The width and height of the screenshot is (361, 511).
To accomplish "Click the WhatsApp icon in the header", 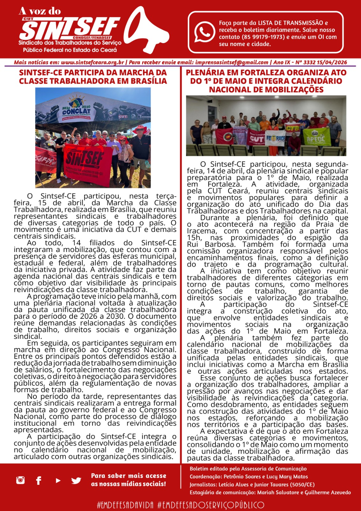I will coord(205,32).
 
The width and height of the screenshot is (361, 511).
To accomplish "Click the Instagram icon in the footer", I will coord(20,480).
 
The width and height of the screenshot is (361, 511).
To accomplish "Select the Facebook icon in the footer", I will coord(39,480).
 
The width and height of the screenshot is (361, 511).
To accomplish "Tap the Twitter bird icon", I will coord(76,480).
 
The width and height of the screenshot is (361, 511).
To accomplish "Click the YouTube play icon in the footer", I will coord(58,480).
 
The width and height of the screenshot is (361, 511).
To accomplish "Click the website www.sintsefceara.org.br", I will coord(92,63).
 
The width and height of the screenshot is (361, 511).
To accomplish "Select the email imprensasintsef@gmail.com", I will coord(232,63).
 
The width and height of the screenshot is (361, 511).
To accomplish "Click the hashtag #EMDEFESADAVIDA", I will coord(125,505).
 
